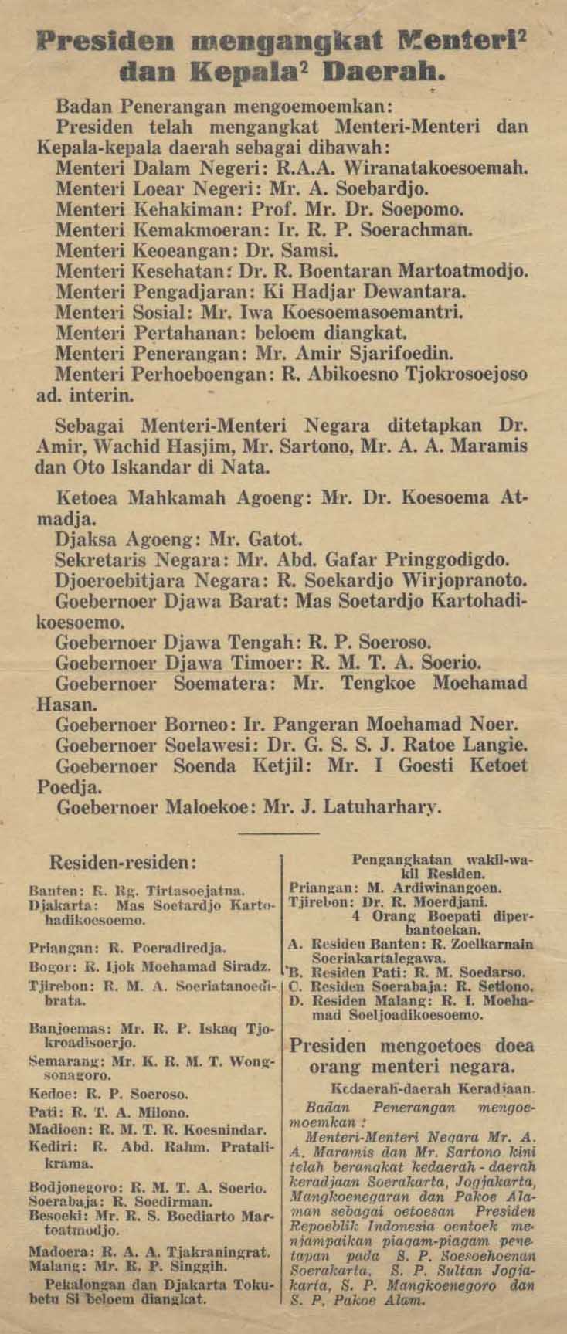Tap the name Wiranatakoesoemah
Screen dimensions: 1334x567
[x=448, y=165]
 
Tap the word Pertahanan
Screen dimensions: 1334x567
[x=175, y=334]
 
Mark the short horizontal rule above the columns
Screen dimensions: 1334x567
[x=279, y=833]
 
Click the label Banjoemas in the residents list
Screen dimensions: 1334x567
[x=58, y=1028]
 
